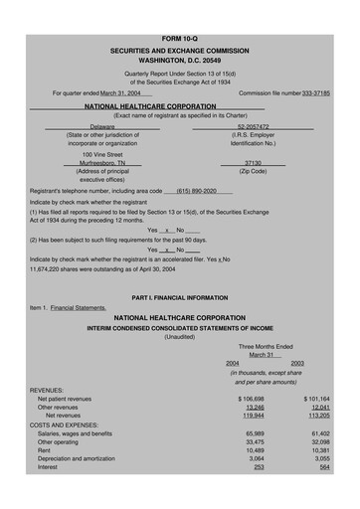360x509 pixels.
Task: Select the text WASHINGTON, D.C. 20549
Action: click(x=179, y=32)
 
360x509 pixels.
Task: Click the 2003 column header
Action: click(x=297, y=363)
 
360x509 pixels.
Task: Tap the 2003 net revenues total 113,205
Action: click(x=316, y=416)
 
